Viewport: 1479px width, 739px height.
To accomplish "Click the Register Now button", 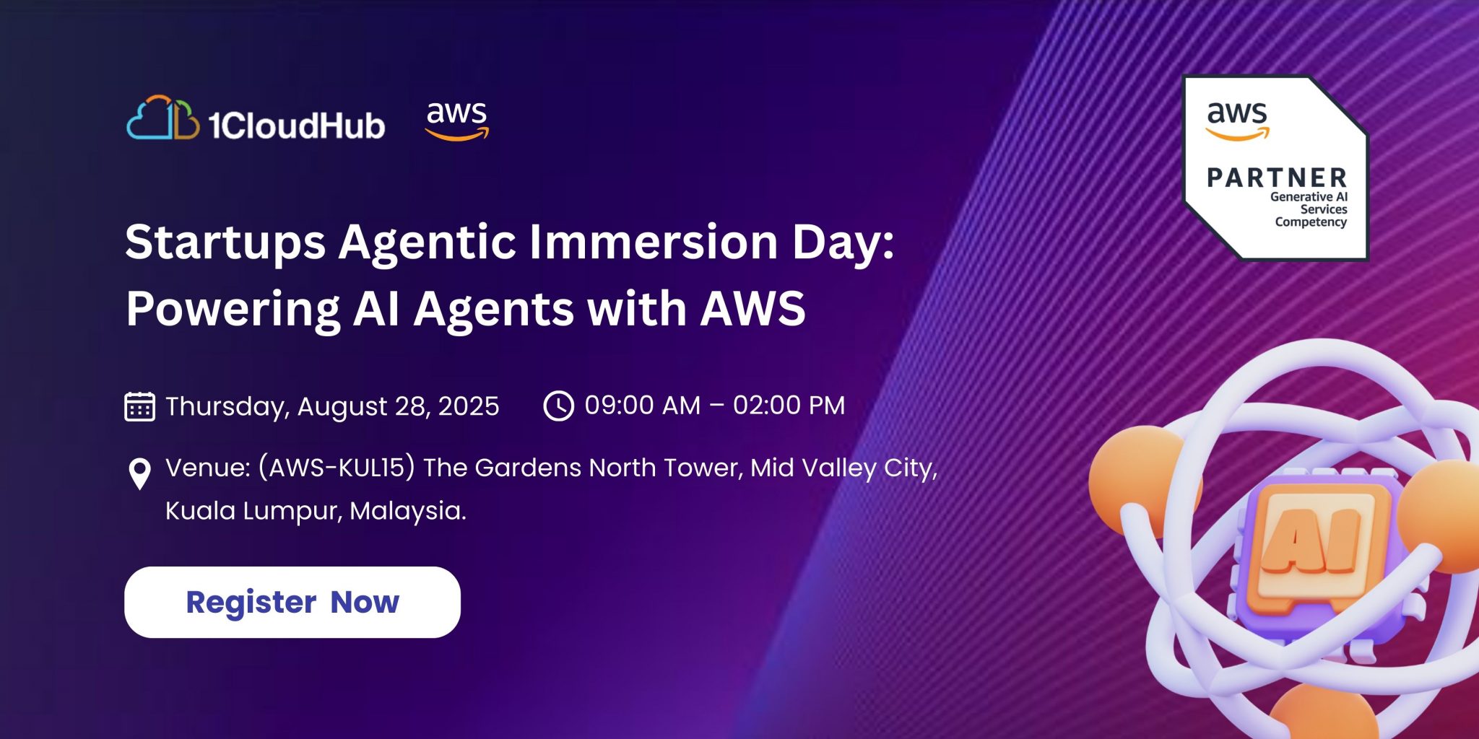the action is point(292,602).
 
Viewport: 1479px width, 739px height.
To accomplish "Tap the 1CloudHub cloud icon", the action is point(163,118).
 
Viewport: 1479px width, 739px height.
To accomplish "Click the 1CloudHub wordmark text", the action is point(297,126).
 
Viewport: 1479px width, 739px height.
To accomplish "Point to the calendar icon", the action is point(139,406).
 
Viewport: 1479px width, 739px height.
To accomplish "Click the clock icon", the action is point(558,406).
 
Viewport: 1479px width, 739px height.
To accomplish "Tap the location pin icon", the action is point(139,474).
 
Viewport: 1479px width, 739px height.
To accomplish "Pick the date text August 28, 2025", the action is point(398,406).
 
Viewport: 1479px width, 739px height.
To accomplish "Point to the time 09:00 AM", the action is point(643,406).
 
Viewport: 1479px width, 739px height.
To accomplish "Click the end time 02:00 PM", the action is point(789,406).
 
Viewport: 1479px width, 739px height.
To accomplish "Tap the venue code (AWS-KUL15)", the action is point(337,468).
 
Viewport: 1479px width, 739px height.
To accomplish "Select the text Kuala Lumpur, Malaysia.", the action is point(316,511).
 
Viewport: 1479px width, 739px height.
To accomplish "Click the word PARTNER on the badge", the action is point(1277,178).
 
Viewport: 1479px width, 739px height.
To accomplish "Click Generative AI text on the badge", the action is point(1309,196).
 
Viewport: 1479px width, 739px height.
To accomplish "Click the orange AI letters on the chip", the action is point(1311,541).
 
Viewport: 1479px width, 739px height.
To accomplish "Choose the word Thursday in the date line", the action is point(227,406).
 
